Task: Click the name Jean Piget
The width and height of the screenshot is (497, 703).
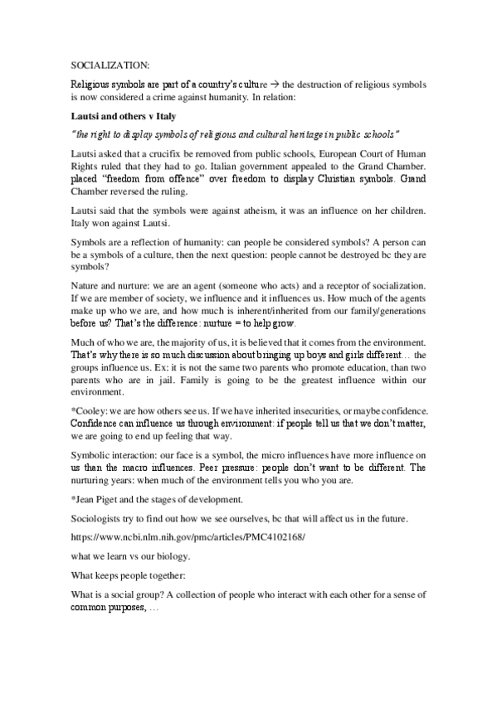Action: click(x=99, y=500)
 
